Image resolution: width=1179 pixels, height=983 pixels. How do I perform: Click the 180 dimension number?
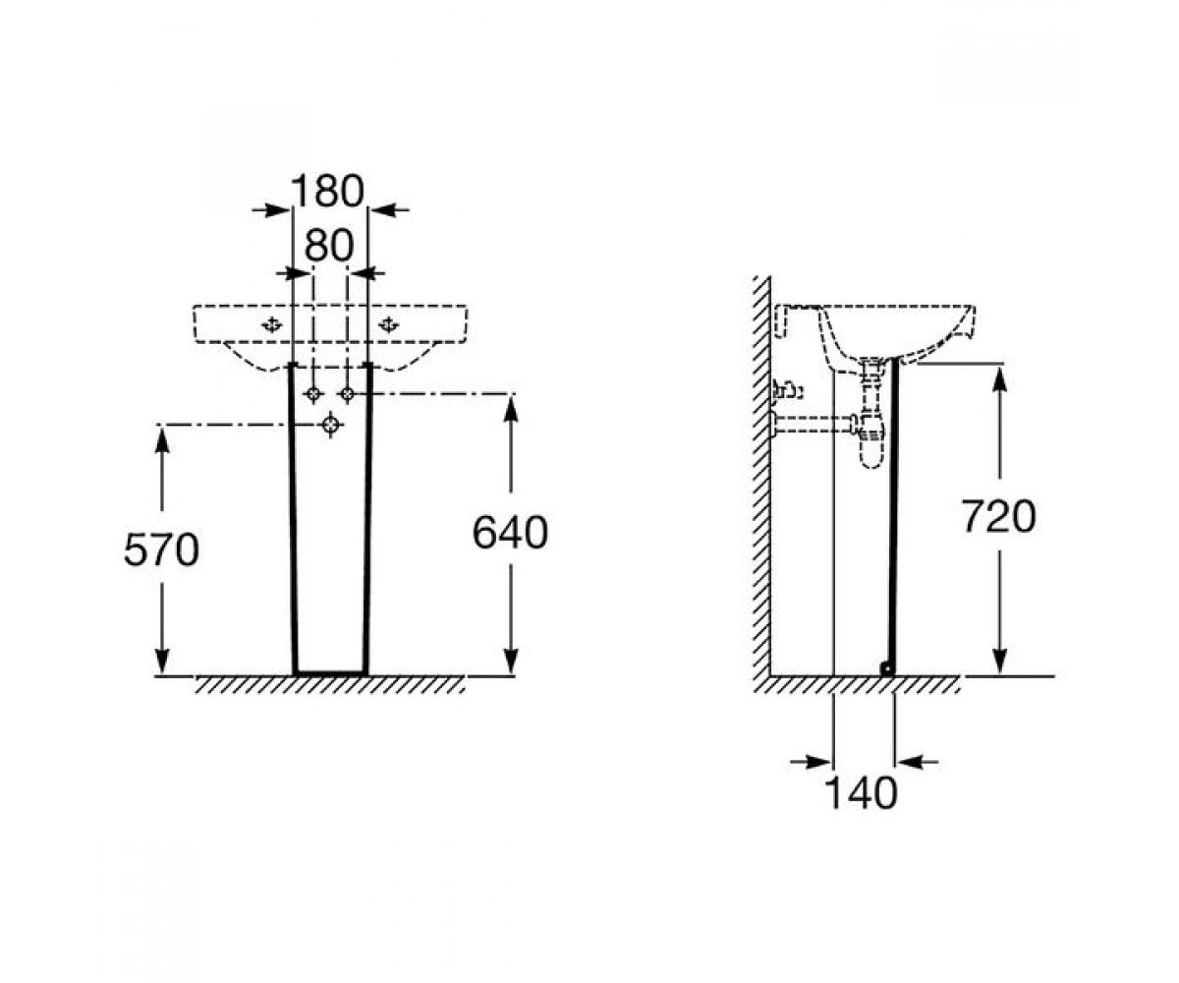pyautogui.click(x=327, y=191)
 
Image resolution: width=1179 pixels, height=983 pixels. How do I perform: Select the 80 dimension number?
pyautogui.click(x=328, y=245)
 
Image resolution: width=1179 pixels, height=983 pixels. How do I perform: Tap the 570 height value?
pyautogui.click(x=161, y=549)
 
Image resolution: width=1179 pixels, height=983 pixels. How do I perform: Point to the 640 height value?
pyautogui.click(x=510, y=533)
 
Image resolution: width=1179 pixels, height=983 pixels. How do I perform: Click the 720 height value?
pyautogui.click(x=999, y=516)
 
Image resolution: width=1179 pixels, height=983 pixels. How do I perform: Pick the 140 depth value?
pyautogui.click(x=861, y=793)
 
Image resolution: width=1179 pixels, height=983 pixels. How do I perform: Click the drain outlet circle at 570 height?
pyautogui.click(x=331, y=425)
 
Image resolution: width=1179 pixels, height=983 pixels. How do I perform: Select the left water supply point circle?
pyautogui.click(x=313, y=394)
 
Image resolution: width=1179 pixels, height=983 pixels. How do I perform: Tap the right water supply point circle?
pyautogui.click(x=348, y=394)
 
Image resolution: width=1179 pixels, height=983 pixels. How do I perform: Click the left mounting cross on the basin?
pyautogui.click(x=272, y=324)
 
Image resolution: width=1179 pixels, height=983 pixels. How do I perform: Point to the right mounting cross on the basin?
pyautogui.click(x=388, y=324)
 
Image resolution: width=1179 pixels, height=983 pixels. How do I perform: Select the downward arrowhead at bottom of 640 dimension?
pyautogui.click(x=511, y=660)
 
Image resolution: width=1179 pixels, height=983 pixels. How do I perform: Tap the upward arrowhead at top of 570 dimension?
pyautogui.click(x=162, y=439)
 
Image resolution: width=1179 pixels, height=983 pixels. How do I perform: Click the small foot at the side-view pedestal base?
pyautogui.click(x=887, y=668)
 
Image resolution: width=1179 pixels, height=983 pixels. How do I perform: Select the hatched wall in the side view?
pyautogui.click(x=762, y=476)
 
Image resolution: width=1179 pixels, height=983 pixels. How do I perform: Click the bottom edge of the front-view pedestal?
pyautogui.click(x=331, y=672)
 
